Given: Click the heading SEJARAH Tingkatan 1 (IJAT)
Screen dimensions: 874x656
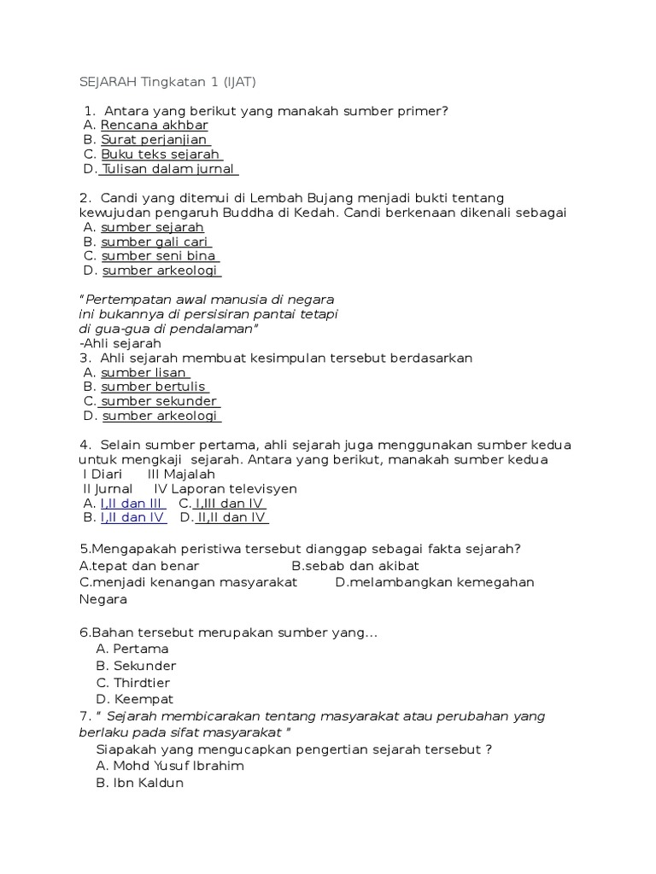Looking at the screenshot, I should [167, 82].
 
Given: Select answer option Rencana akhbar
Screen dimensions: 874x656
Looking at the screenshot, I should [155, 125].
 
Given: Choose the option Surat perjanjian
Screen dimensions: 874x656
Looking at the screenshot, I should [155, 140].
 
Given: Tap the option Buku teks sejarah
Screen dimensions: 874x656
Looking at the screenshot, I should [161, 154].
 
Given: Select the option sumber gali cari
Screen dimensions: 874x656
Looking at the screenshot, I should [155, 242].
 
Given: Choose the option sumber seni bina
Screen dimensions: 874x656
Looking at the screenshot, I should [160, 256].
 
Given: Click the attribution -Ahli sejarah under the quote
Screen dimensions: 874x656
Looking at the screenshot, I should [120, 343].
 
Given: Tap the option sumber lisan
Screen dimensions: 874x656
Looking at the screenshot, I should [144, 372].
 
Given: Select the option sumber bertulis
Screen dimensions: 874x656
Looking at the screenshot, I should [155, 387].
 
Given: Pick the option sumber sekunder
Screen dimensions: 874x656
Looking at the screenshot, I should [158, 401].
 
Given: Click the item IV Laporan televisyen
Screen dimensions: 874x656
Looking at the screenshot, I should [225, 489].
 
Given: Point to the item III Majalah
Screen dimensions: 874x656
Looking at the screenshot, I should [181, 475].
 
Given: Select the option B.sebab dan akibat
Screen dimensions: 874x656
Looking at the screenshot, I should [355, 566].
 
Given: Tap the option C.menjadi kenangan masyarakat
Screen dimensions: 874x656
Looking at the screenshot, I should [188, 582].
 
